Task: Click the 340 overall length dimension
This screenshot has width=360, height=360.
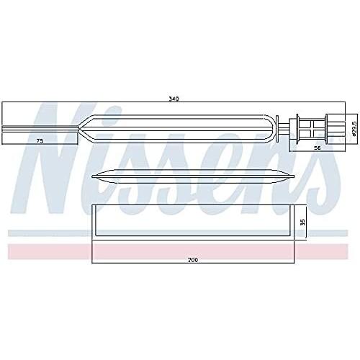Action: (174, 99)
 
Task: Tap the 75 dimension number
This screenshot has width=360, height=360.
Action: (40, 141)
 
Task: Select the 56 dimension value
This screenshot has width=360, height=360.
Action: (318, 148)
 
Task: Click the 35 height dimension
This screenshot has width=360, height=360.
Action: (303, 222)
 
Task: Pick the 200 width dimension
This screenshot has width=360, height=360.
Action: (193, 260)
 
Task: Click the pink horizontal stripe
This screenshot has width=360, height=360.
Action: (178, 251)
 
